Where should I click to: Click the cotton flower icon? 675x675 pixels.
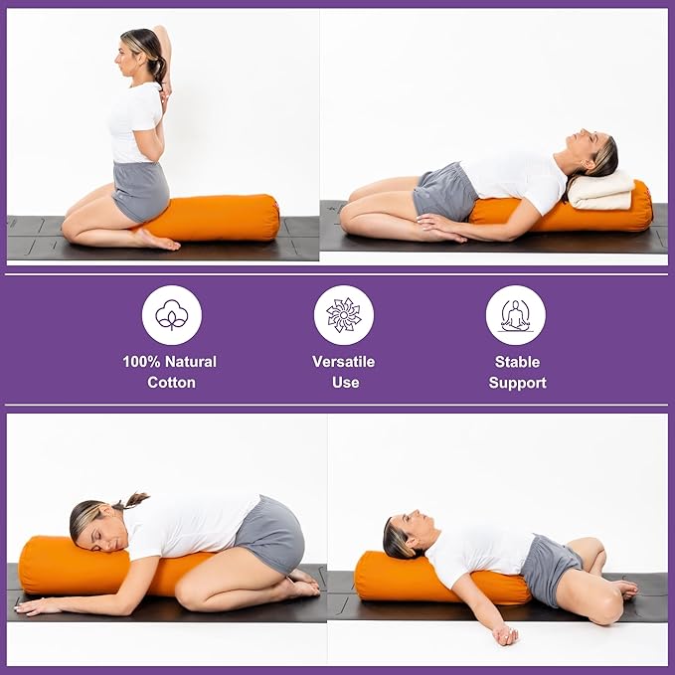(x=171, y=315)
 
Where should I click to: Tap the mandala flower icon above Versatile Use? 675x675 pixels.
(x=344, y=315)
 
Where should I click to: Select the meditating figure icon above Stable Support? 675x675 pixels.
(x=515, y=315)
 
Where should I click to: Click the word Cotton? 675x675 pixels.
(x=171, y=383)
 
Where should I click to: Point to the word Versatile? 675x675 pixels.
(x=344, y=362)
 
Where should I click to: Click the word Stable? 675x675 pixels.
(x=517, y=362)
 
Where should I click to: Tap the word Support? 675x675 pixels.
(x=517, y=383)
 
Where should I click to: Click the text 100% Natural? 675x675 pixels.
(x=170, y=362)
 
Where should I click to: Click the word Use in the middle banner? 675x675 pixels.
(x=345, y=383)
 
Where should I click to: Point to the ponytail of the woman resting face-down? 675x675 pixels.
(x=132, y=499)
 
